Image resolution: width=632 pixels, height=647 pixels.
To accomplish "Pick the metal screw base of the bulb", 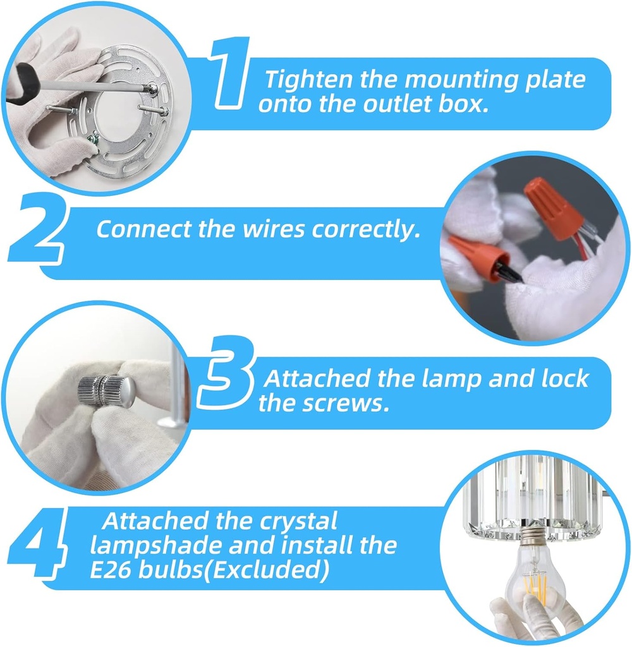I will (x=532, y=538).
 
